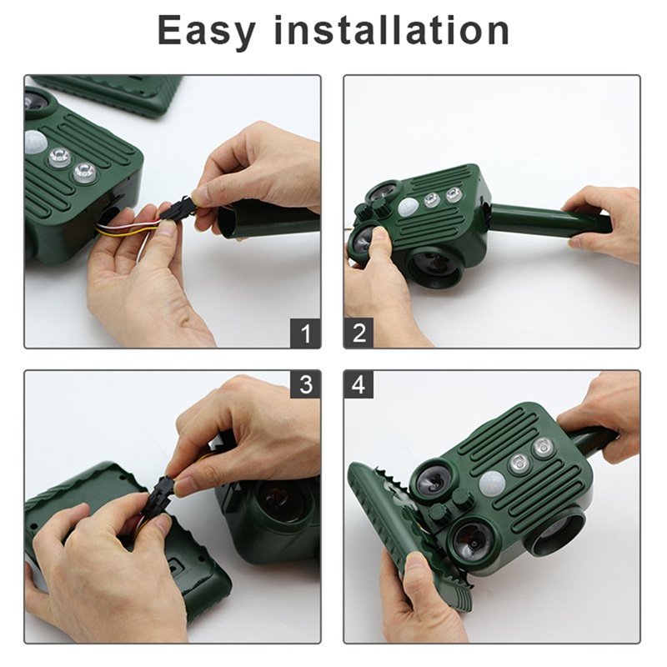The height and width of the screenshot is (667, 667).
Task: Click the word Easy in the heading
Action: coord(206,32)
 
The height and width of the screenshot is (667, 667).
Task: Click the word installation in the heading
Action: coord(391,30)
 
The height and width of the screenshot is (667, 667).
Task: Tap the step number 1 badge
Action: coord(305,333)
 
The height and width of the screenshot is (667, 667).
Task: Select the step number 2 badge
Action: coord(359,333)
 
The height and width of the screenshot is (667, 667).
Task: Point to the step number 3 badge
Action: coord(305,384)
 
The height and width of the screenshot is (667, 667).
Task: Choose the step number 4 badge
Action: coord(359,384)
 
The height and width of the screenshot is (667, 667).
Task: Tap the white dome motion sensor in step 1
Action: coord(35,142)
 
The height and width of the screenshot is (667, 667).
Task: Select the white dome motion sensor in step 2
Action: coord(409,207)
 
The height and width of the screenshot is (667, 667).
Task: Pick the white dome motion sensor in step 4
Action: coord(492,484)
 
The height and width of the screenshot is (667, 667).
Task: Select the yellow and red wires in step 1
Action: coord(128,228)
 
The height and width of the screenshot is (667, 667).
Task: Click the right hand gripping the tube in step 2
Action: coord(604,223)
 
